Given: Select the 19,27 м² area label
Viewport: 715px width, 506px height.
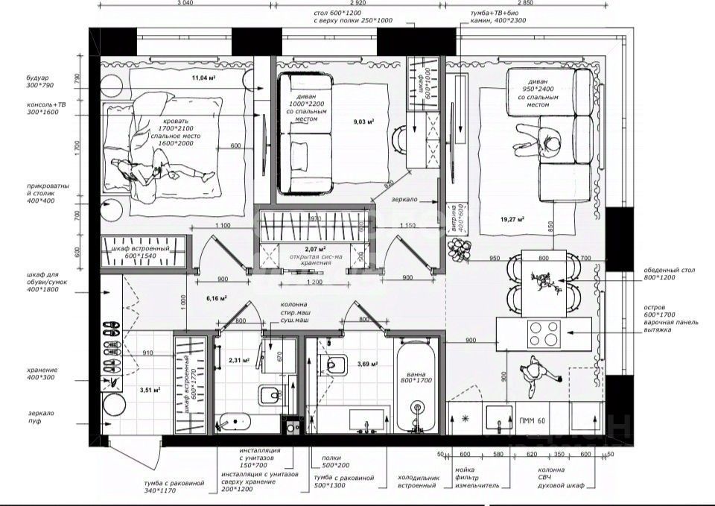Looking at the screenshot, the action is pyautogui.click(x=512, y=219).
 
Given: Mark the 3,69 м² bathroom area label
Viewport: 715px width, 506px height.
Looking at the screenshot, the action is pyautogui.click(x=367, y=364).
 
